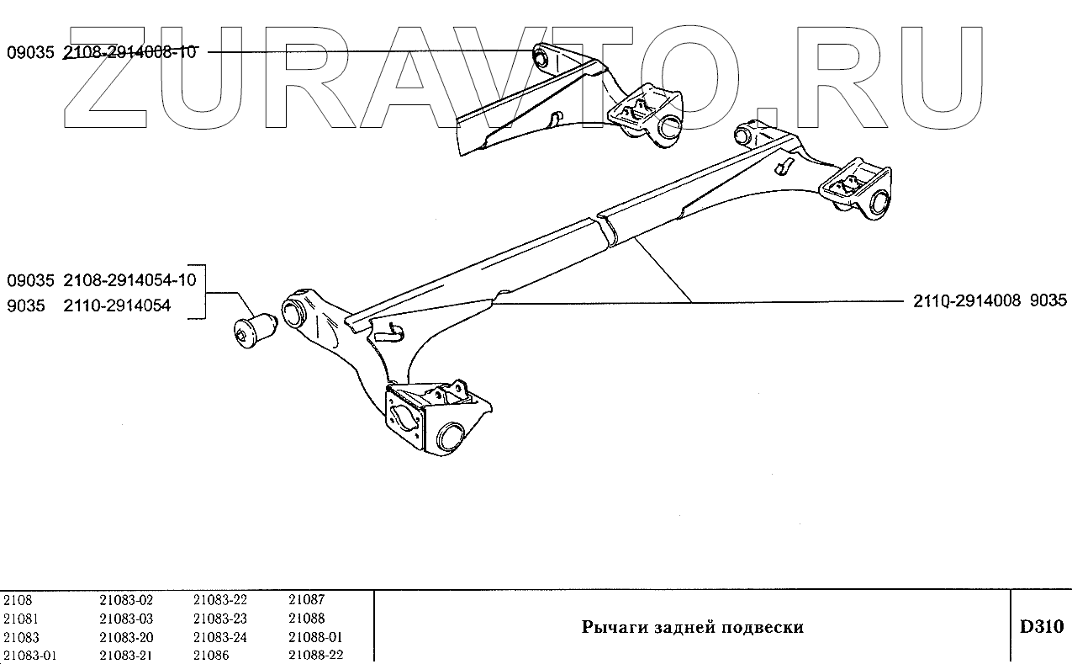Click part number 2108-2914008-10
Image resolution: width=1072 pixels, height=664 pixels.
click(x=129, y=52)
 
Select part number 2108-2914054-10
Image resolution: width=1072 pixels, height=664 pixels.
click(x=129, y=279)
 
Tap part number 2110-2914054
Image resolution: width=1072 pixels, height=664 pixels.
click(x=117, y=305)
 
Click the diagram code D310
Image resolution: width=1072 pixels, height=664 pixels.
click(x=1041, y=627)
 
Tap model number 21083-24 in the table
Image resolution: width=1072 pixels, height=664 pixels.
click(x=220, y=637)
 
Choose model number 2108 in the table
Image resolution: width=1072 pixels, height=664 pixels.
click(x=18, y=600)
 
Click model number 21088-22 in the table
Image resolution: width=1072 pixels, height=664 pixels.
click(x=315, y=656)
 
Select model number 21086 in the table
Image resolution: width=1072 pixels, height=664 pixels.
click(x=210, y=656)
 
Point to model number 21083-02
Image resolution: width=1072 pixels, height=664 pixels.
click(x=126, y=600)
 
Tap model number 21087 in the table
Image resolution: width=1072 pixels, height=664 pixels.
click(x=306, y=600)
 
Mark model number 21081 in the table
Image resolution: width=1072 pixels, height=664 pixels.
click(x=21, y=619)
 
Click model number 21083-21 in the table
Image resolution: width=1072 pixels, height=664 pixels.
click(x=126, y=656)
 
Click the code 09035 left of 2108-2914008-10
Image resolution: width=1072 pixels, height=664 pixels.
click(x=30, y=52)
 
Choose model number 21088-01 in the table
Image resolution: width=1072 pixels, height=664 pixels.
click(x=315, y=637)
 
